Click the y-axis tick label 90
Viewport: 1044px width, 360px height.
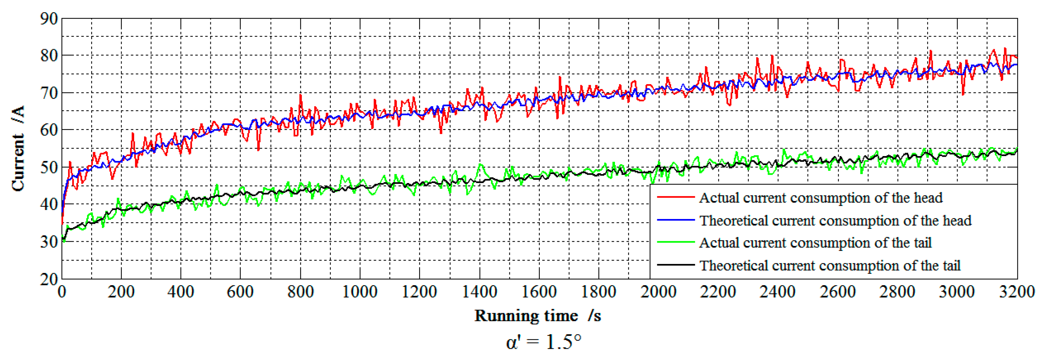pos(49,19)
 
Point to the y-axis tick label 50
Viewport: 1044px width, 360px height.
pos(49,167)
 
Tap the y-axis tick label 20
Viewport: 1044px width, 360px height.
pos(49,279)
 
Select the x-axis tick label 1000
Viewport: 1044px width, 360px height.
pos(360,292)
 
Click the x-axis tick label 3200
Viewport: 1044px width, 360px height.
pos(1016,292)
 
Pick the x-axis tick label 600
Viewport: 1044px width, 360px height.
pos(240,292)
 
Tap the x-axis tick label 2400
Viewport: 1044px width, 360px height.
pos(778,292)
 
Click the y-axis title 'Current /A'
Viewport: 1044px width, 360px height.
pos(18,148)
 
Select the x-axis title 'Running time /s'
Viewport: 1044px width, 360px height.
pos(538,315)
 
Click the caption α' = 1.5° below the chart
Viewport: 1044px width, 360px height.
pos(543,342)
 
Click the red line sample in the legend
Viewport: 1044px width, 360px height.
pos(676,198)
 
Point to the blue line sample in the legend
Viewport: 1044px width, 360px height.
pos(676,220)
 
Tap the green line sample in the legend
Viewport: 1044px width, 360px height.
pos(676,242)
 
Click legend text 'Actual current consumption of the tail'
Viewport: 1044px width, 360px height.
pos(815,242)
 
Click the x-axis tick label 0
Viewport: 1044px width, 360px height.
pos(62,292)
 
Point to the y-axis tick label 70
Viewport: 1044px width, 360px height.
pos(49,93)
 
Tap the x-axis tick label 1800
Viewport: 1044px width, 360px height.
pos(599,292)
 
